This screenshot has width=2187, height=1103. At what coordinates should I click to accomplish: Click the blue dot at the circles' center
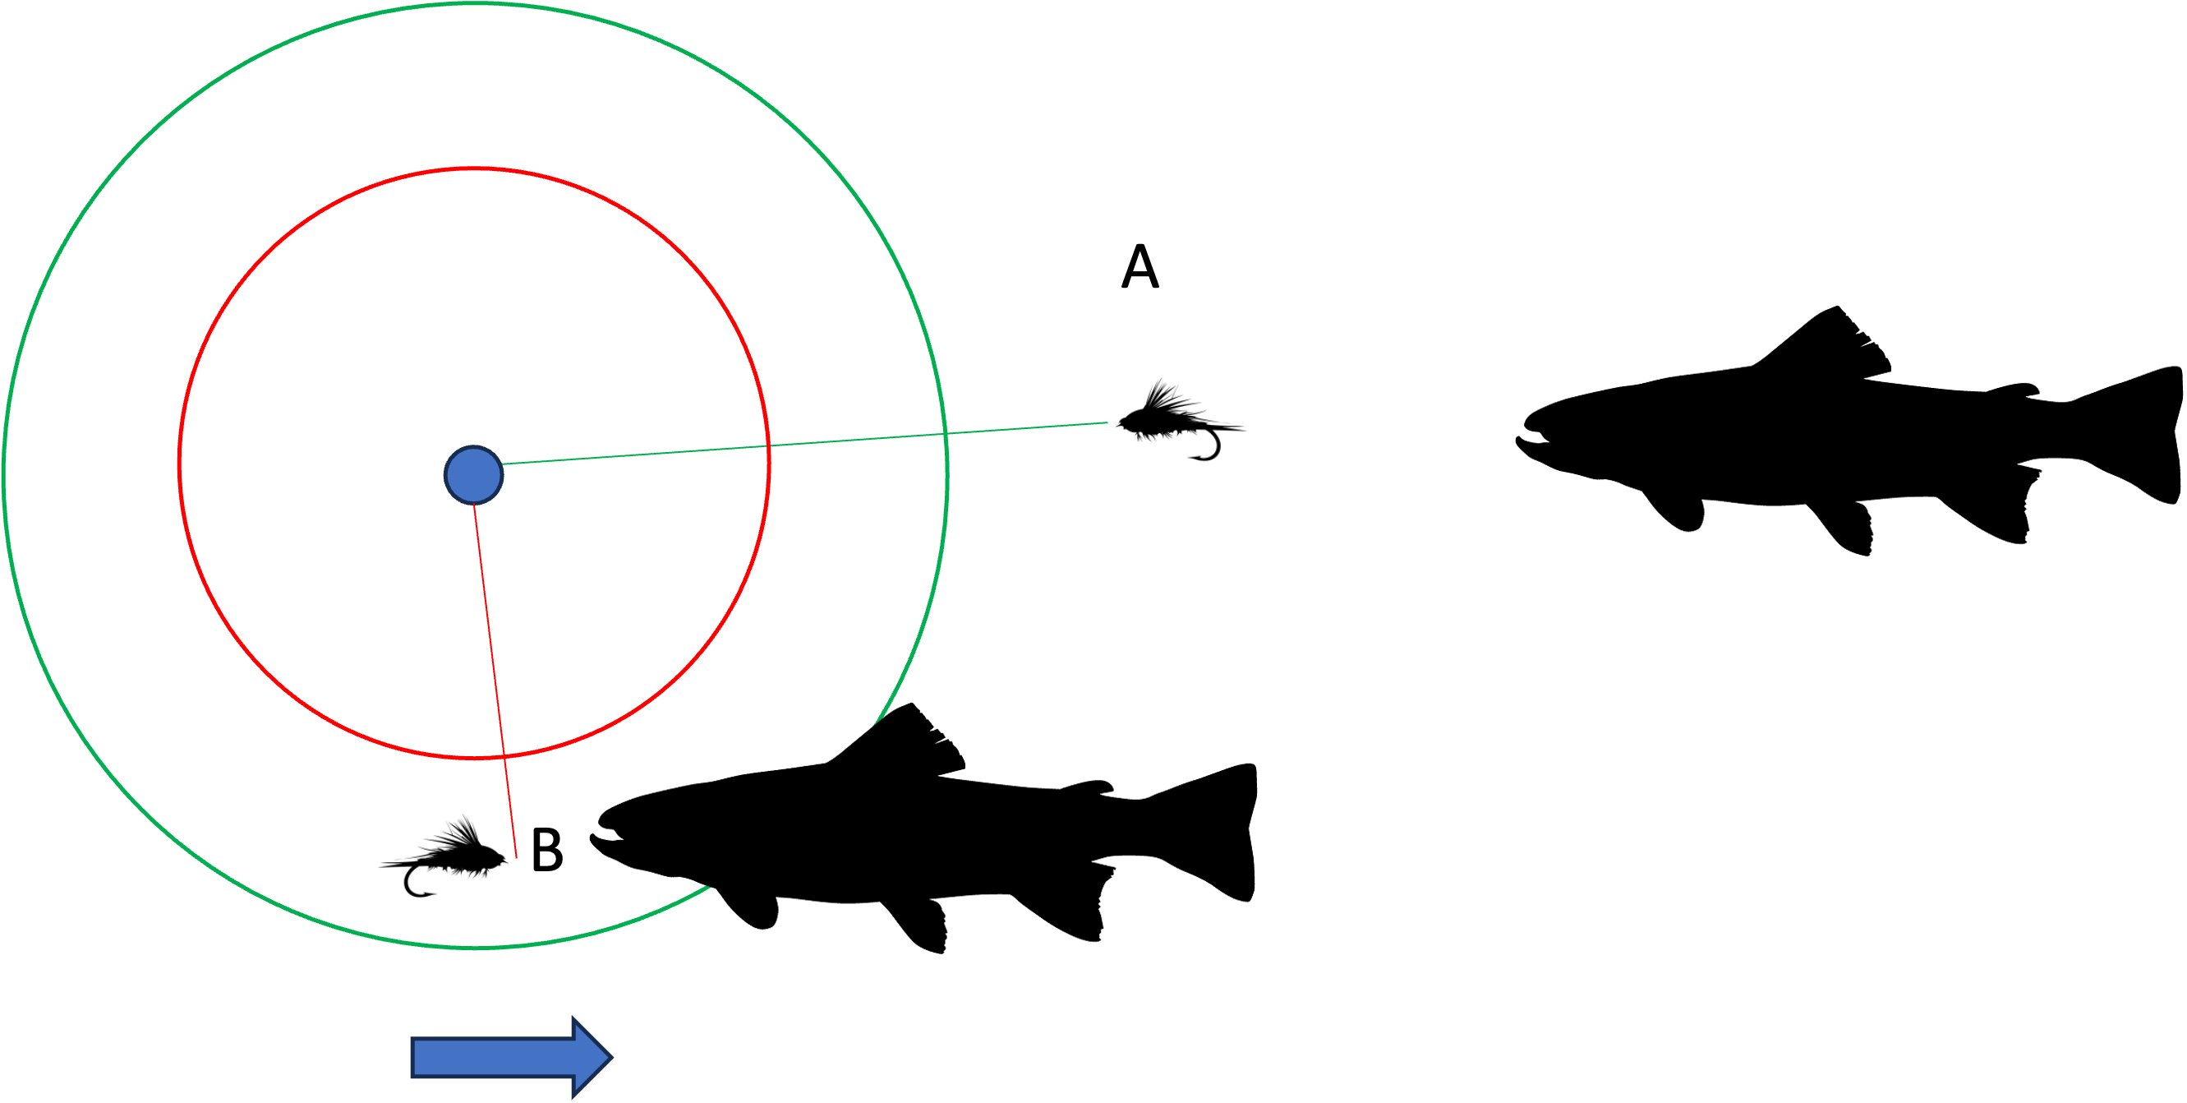click(474, 475)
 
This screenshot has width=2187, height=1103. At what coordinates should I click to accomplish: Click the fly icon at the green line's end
click(1177, 422)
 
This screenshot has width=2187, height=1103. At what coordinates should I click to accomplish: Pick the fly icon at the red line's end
click(444, 858)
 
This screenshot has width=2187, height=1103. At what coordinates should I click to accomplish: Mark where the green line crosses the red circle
click(768, 445)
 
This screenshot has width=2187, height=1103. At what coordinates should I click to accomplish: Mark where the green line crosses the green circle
click(946, 434)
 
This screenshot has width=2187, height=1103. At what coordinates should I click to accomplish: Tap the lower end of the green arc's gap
click(709, 888)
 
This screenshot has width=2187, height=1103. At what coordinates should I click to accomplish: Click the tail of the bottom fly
click(387, 864)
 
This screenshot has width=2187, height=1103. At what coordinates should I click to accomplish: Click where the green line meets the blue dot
click(503, 464)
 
